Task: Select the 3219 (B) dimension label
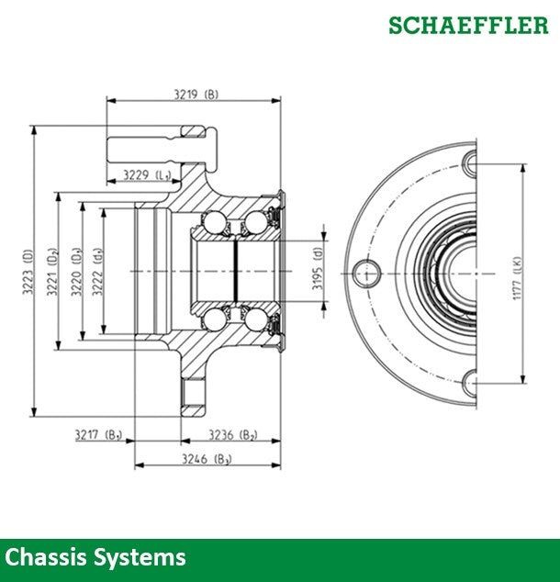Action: click(x=195, y=94)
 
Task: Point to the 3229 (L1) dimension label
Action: click(x=149, y=174)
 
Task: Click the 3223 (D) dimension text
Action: click(x=28, y=272)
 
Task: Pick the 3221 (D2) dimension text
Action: click(x=52, y=272)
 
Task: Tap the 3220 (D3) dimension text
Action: click(x=76, y=272)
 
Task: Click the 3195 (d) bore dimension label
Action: click(x=318, y=272)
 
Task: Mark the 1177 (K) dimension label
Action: click(x=517, y=273)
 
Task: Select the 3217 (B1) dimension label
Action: click(x=98, y=433)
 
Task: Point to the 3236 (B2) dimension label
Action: click(x=232, y=433)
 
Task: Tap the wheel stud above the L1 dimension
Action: click(x=161, y=146)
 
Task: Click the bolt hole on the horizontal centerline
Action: click(x=368, y=272)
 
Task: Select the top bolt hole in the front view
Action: click(x=470, y=165)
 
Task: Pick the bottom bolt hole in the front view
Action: click(x=470, y=379)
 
